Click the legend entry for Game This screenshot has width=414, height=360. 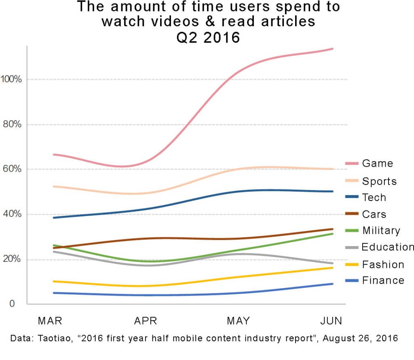pos(377,164)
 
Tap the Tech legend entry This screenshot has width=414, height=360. pos(374,198)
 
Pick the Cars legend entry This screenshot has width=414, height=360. pos(374,214)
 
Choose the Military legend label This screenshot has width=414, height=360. pos(381,231)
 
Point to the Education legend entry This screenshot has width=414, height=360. pos(387,247)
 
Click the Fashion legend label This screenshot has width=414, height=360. pos(383,265)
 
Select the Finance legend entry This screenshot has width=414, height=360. pos(383,280)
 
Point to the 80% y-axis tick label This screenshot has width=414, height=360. pos(13,124)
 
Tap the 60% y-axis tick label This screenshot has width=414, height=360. pos(13,169)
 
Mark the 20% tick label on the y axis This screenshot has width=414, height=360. pos(13,259)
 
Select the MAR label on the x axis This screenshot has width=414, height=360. pos(50,321)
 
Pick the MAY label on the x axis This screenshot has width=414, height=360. pos(239,321)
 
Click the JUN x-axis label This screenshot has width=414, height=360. pos(331,321)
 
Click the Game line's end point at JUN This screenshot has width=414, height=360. pos(332,49)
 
